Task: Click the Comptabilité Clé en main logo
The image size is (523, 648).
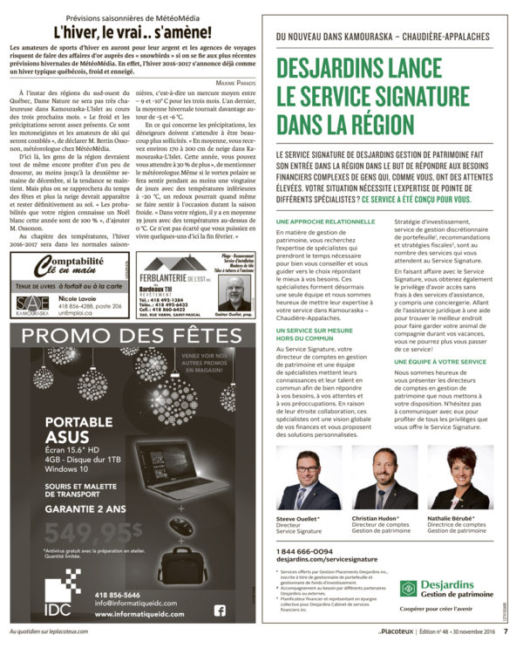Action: point(69,263)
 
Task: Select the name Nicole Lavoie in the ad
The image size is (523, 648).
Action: point(77,297)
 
